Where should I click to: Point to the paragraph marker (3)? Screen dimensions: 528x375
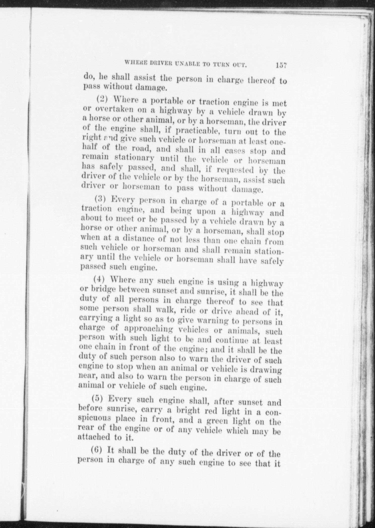100,199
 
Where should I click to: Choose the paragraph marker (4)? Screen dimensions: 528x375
99,279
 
